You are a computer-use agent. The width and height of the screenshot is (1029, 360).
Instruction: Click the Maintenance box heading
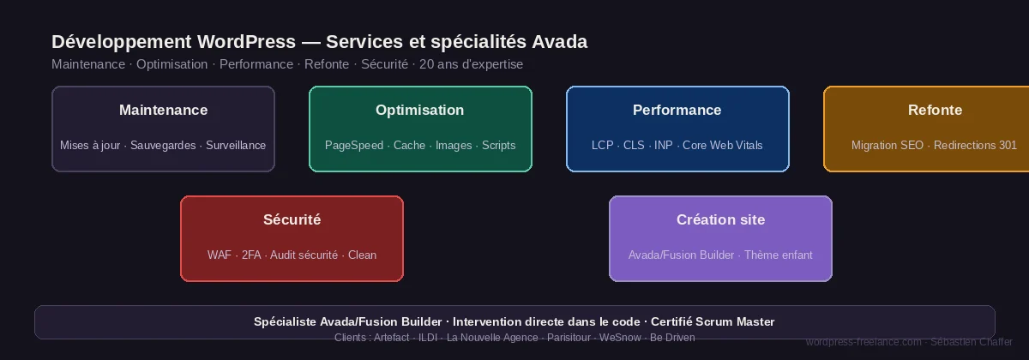(x=163, y=110)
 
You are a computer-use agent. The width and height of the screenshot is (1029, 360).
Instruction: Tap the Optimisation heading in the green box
(x=420, y=110)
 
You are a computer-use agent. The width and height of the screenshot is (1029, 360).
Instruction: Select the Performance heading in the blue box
(x=677, y=110)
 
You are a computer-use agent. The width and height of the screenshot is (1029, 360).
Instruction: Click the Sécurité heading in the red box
(x=292, y=219)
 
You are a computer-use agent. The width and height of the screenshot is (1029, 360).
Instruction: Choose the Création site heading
(x=720, y=219)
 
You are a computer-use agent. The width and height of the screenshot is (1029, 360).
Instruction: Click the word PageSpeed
(x=353, y=146)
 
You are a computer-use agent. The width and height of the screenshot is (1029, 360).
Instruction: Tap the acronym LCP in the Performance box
(x=603, y=146)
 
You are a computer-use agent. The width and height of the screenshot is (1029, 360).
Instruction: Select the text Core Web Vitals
(x=722, y=146)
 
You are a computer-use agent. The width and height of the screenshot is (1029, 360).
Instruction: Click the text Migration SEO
(x=887, y=146)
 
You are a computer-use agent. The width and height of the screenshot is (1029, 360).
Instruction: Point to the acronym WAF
(x=220, y=255)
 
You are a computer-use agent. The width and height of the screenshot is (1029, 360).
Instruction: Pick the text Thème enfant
(x=778, y=255)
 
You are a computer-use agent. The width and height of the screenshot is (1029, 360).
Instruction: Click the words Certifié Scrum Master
(x=713, y=322)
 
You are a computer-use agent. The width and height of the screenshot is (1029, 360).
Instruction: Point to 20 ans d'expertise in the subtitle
(x=471, y=64)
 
